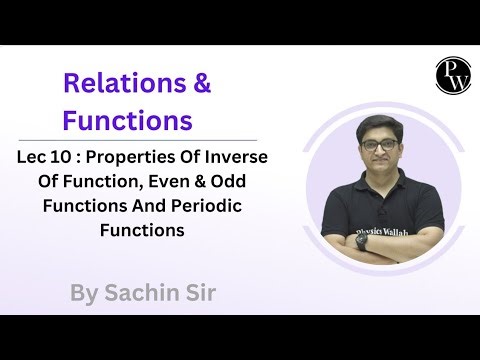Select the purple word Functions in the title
[x=127, y=121]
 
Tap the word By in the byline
[x=86, y=294]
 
